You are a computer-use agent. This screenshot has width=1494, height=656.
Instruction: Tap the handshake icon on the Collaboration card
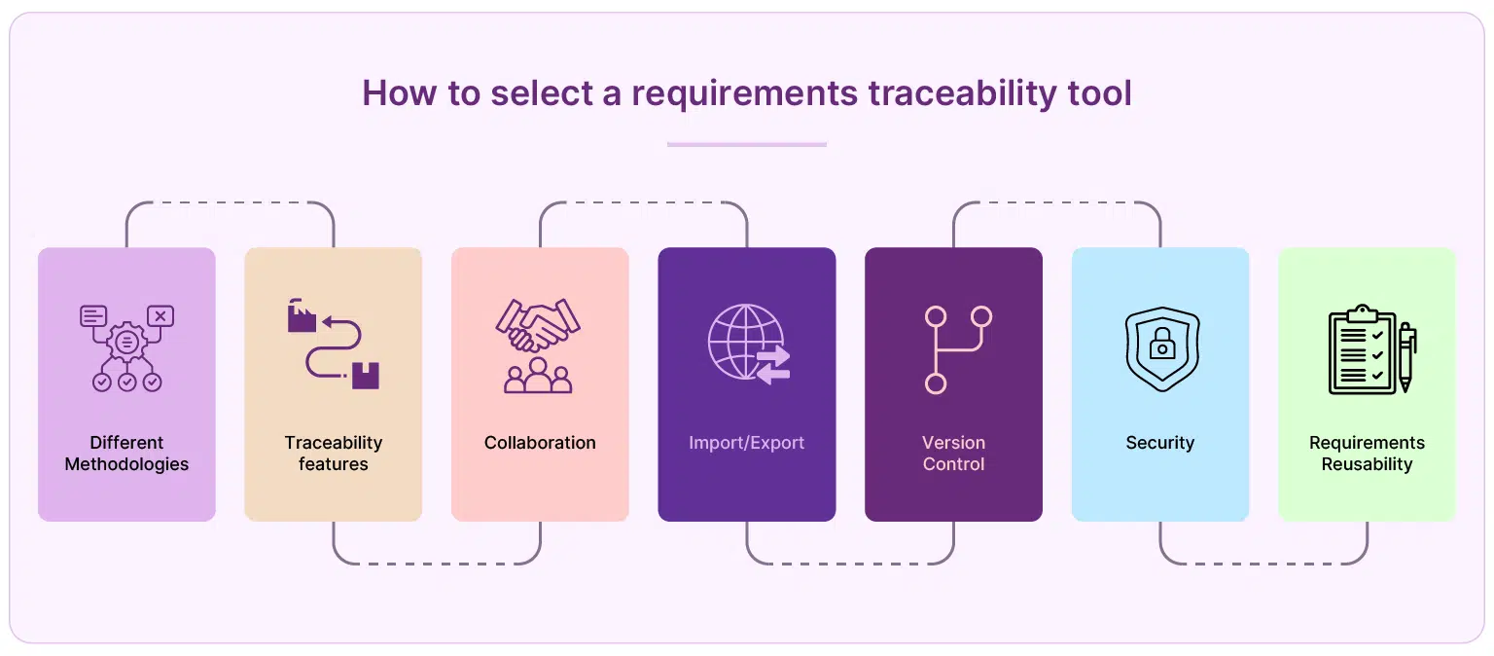pyautogui.click(x=538, y=325)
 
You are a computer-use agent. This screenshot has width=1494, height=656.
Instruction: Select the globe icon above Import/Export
pyautogui.click(x=745, y=342)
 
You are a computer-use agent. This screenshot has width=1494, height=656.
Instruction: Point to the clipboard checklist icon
pyautogui.click(x=1363, y=350)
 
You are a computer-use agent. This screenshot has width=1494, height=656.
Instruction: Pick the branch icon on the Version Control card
pyautogui.click(x=954, y=349)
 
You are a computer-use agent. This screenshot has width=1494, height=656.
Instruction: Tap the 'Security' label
pyautogui.click(x=1159, y=443)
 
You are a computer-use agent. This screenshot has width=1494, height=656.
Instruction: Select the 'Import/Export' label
pyautogui.click(x=746, y=443)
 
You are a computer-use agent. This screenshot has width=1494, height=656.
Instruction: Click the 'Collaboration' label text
pyautogui.click(x=540, y=443)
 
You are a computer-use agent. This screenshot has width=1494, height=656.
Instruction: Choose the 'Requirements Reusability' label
pyautogui.click(x=1367, y=454)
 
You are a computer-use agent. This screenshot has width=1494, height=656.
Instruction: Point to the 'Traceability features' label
pyautogui.click(x=333, y=454)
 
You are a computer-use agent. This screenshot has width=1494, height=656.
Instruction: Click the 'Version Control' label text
pyautogui.click(x=953, y=454)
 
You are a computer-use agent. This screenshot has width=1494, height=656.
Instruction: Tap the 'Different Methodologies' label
pyautogui.click(x=126, y=454)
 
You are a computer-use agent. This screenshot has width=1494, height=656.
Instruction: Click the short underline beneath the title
pyautogui.click(x=746, y=145)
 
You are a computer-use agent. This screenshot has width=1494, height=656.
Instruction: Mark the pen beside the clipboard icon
pyautogui.click(x=1405, y=356)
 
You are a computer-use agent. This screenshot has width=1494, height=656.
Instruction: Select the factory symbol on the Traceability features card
pyautogui.click(x=302, y=316)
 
